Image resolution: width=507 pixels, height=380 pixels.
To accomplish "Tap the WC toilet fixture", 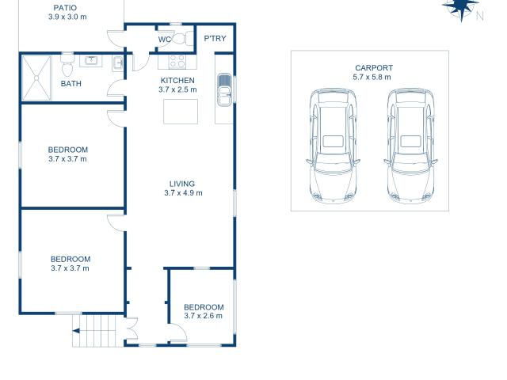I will [x=180, y=38].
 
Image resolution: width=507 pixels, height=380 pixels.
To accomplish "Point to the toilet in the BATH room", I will [x=67, y=63].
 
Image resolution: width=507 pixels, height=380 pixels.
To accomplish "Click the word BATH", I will [x=71, y=84].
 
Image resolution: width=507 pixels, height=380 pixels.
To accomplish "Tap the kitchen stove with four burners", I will [x=175, y=62].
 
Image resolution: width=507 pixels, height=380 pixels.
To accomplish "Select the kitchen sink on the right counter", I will [x=224, y=88].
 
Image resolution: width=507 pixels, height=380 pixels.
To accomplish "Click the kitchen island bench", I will [x=181, y=112].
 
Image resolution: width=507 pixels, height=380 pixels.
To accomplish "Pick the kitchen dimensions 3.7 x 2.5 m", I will [x=177, y=90].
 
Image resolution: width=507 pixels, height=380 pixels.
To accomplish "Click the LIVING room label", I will [x=183, y=183].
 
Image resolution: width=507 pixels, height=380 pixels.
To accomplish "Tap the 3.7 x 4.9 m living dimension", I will [x=183, y=192].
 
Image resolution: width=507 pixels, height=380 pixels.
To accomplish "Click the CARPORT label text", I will [x=373, y=68].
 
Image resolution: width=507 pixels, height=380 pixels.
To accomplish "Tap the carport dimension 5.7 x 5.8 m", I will [x=373, y=78].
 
